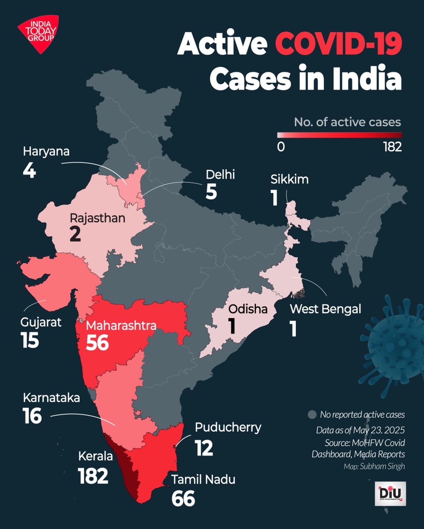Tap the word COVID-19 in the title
pos(339,46)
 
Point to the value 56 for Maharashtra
pos(97,343)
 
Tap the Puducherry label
pos(228,427)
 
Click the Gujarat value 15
pos(30,339)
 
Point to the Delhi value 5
pos(211,192)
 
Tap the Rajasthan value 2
pos(75,234)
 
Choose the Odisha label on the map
pos(247,309)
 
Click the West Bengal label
pos(325,309)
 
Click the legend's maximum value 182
pos(392,147)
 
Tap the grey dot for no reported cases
pos(313,415)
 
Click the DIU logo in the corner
pos(392,495)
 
